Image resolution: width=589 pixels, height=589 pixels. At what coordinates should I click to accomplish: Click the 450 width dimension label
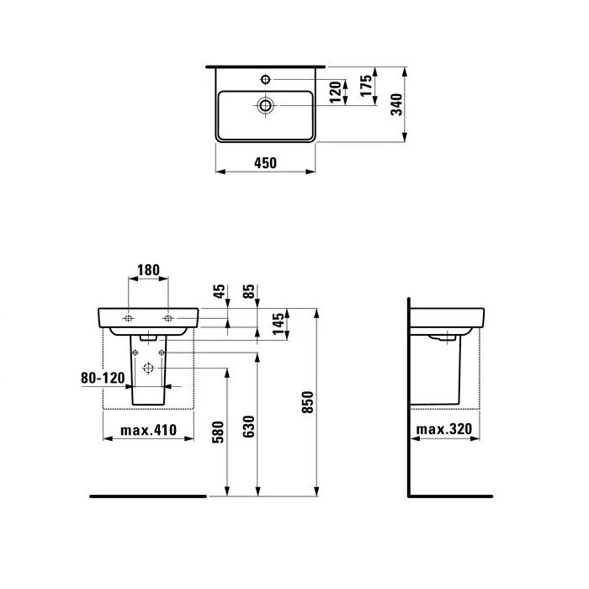click(x=265, y=162)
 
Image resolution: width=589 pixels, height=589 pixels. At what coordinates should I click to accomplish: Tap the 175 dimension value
click(x=366, y=87)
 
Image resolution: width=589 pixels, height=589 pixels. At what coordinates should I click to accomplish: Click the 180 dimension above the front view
click(x=147, y=270)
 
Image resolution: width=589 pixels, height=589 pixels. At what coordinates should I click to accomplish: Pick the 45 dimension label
click(x=220, y=292)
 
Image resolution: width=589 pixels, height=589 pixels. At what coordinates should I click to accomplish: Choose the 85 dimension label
click(x=249, y=292)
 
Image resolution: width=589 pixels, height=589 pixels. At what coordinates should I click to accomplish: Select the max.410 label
click(x=148, y=430)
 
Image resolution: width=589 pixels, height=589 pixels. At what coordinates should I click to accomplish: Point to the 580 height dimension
click(x=218, y=432)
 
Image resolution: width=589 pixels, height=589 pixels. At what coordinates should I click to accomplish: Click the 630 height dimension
click(x=248, y=427)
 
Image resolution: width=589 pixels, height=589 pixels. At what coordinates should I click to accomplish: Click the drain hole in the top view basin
click(x=266, y=105)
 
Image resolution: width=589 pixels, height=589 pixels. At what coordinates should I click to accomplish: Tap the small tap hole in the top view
click(x=266, y=80)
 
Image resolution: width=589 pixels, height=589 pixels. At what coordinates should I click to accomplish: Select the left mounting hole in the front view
click(x=128, y=318)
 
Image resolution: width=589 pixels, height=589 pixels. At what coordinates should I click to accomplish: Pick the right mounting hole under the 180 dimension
click(x=167, y=318)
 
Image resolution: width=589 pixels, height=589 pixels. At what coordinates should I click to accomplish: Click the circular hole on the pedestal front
click(x=148, y=368)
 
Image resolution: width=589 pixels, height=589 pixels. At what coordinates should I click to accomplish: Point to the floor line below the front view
click(x=148, y=496)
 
